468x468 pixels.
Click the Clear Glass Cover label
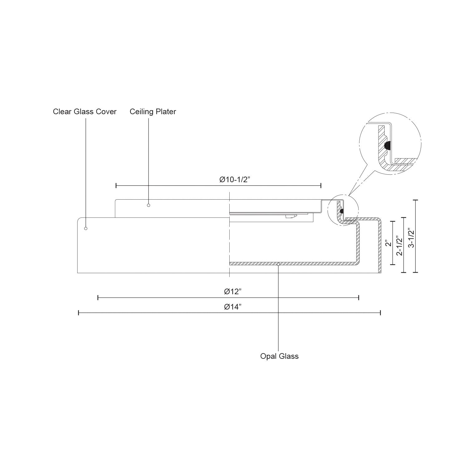[85, 112]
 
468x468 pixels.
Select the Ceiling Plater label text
[153, 112]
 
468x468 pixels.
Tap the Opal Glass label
[279, 356]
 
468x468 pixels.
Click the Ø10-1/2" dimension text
[235, 180]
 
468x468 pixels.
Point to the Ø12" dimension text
[233, 292]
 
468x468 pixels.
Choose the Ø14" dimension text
[233, 307]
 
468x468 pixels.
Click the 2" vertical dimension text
[388, 243]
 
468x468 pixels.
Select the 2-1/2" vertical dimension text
[399, 246]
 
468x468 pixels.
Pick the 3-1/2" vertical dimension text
[411, 238]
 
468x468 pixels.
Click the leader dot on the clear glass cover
[86, 229]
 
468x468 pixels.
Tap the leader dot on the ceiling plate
[149, 205]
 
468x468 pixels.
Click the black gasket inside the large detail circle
[388, 145]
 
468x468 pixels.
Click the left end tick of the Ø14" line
[78, 313]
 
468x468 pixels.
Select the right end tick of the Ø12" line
[359, 298]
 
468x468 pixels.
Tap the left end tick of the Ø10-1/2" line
[116, 186]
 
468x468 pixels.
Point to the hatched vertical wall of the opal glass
[358, 243]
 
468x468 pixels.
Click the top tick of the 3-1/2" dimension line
[415, 200]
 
